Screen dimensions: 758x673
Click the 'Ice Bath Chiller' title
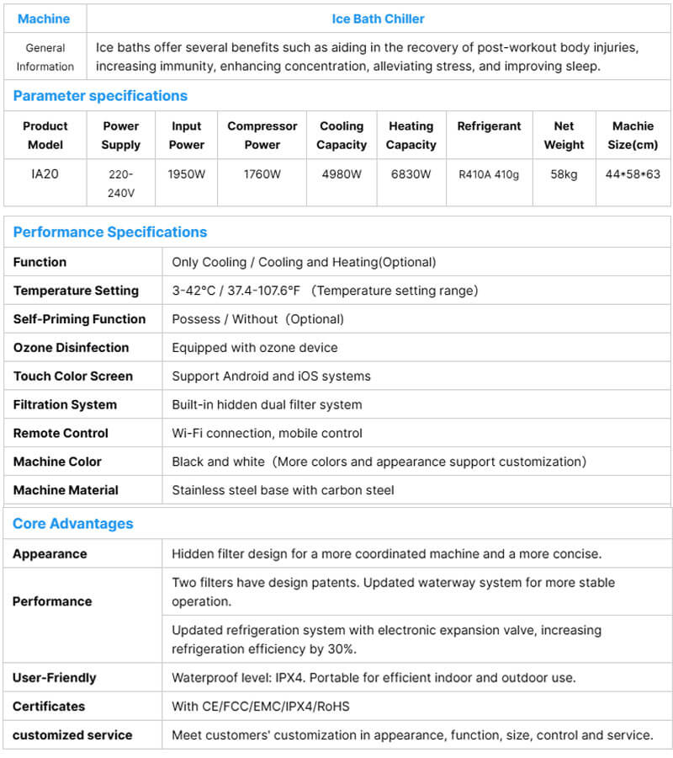[x=378, y=19]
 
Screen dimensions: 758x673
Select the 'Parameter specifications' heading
[x=100, y=96]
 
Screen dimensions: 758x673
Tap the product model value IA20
[x=45, y=174]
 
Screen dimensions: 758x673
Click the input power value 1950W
[x=186, y=174]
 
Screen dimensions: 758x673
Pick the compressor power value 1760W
[x=262, y=174]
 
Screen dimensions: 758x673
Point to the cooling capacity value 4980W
[x=341, y=174]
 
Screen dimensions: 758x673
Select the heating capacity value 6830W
[x=411, y=174]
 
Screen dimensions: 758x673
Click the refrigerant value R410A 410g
[x=489, y=175]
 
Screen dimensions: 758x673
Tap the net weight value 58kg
[x=564, y=174]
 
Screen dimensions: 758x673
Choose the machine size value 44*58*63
[x=633, y=174]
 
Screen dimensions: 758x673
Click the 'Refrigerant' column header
[x=489, y=126]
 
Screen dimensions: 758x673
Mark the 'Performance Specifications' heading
[x=109, y=232]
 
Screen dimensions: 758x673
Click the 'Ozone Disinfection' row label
[x=71, y=348]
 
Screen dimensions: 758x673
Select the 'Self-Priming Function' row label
[x=79, y=319]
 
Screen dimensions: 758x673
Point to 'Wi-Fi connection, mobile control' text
[x=267, y=434]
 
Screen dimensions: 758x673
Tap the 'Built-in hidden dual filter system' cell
[x=267, y=405]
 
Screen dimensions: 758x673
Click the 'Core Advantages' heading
[x=72, y=524]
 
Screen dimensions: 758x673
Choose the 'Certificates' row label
[x=49, y=707]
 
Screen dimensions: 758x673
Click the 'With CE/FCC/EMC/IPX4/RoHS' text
[x=260, y=707]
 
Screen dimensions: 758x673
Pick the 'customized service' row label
[x=72, y=735]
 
